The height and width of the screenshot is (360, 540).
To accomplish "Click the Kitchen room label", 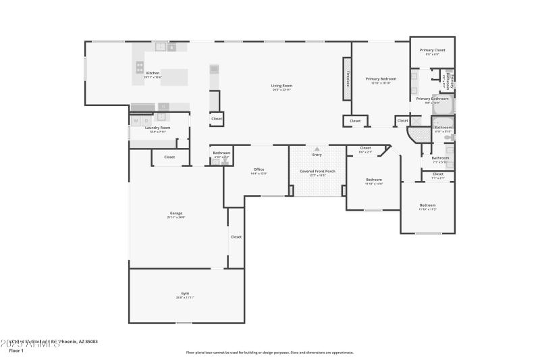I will pyautogui.click(x=153, y=73).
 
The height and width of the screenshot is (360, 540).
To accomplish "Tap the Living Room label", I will pyautogui.click(x=282, y=86).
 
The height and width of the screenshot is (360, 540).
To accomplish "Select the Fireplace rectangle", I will pyautogui.click(x=348, y=80).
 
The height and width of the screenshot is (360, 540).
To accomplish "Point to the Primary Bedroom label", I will pyautogui.click(x=381, y=79).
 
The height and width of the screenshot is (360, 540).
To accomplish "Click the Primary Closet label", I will pyautogui.click(x=432, y=50).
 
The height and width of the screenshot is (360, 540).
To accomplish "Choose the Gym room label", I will pyautogui.click(x=186, y=293).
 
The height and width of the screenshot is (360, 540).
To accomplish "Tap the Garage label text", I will pyautogui.click(x=175, y=213).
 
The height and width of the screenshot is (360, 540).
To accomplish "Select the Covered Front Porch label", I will pyautogui.click(x=317, y=172).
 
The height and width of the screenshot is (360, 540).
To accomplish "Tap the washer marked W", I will pyautogui.click(x=135, y=120).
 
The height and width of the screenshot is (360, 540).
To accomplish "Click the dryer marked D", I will pyautogui.click(x=146, y=120).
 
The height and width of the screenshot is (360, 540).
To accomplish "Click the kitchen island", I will pyautogui.click(x=174, y=77).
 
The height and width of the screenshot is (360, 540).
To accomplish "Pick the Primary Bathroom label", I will pyautogui.click(x=432, y=99).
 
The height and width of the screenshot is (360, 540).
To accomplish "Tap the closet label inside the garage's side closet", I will pyautogui.click(x=236, y=237).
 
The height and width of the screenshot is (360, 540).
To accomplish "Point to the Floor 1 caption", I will pyautogui.click(x=16, y=351).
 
